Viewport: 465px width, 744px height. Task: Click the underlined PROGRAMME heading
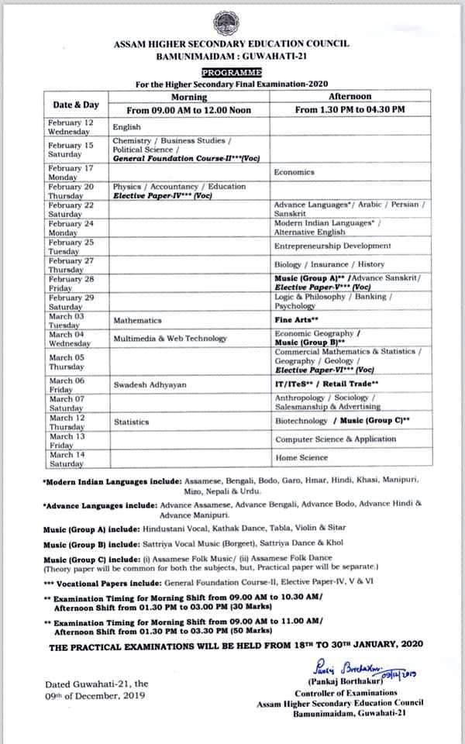pos(232,71)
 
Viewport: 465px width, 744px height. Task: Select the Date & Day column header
pos(75,104)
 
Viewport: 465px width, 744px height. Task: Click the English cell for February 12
pos(126,126)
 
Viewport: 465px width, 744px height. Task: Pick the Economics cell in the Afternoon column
pos(294,172)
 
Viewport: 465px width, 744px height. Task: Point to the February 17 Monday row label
pos(71,172)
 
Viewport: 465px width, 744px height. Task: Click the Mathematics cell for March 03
pos(137,320)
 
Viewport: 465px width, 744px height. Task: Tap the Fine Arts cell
pos(297,319)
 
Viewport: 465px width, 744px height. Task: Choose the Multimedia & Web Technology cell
pos(170,338)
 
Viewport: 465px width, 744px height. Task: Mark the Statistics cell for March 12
pos(131,422)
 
